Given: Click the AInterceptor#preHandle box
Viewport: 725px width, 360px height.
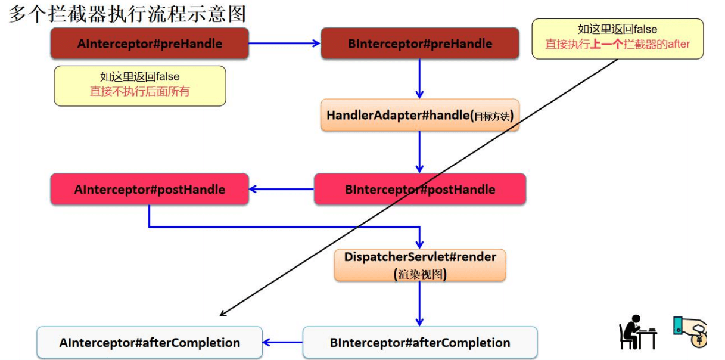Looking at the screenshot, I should coord(149,44).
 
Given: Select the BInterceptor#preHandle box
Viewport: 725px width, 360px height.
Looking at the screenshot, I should coord(420,44).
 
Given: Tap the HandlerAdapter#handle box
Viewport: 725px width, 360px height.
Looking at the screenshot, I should coord(420,116).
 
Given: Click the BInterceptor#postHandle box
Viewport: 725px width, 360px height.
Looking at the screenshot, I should coord(420,190).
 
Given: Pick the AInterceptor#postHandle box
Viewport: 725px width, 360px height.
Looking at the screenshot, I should coord(149,190).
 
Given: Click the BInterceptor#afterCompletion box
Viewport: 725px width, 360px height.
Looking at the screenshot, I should coord(420,343).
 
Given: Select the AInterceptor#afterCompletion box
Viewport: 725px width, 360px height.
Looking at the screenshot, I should coord(149,343).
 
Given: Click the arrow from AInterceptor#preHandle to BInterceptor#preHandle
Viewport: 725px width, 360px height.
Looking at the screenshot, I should coord(284,44).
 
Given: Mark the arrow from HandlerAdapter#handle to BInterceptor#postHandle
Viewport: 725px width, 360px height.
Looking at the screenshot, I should coord(419,152).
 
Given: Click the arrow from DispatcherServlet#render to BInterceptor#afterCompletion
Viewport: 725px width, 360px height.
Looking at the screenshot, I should coord(419,303).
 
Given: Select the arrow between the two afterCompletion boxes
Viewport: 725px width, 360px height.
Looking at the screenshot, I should coord(283,343).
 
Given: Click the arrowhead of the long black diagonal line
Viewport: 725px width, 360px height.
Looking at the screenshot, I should coord(222,314).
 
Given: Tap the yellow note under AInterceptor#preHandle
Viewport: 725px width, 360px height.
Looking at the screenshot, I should coord(140,85).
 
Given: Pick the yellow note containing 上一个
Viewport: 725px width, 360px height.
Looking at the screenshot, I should coord(617,38).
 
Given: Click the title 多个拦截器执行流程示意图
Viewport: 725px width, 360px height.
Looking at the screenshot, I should coord(127,13).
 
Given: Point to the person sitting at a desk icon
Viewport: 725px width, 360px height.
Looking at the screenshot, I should coord(637,332).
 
